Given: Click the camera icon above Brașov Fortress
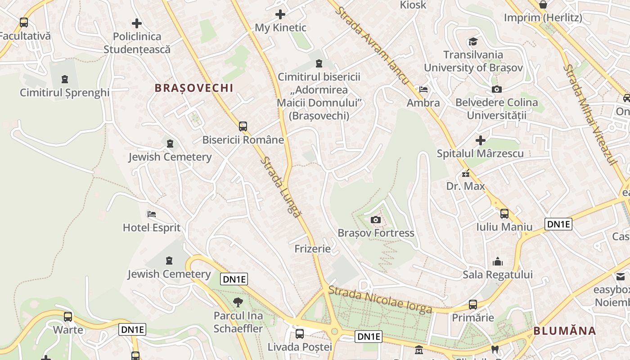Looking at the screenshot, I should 375,220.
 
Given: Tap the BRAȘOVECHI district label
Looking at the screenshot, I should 194,88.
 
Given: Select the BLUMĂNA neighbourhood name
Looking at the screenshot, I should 565,331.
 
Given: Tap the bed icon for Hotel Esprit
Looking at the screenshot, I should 152,214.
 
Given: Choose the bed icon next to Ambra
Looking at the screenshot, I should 423,89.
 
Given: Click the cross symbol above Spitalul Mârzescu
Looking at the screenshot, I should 481,140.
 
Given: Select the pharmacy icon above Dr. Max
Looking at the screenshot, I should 466,173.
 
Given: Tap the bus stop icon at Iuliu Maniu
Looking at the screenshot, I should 504,214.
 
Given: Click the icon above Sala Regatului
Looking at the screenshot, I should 498,261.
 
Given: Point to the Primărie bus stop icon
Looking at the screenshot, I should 473,305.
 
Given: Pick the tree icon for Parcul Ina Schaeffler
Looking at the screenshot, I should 238,302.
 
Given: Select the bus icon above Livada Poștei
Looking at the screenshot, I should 300,334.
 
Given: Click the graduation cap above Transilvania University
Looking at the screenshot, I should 473,42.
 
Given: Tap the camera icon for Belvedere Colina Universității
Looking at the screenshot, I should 497,89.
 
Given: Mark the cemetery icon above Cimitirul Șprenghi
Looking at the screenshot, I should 65,79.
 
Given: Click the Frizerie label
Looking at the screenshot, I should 312,249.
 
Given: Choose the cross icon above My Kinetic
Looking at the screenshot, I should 280,14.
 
